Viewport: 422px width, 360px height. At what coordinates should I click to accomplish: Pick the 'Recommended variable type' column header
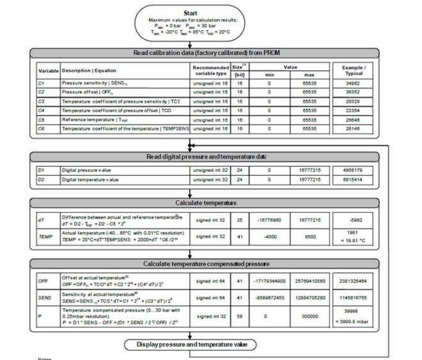point(209,69)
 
